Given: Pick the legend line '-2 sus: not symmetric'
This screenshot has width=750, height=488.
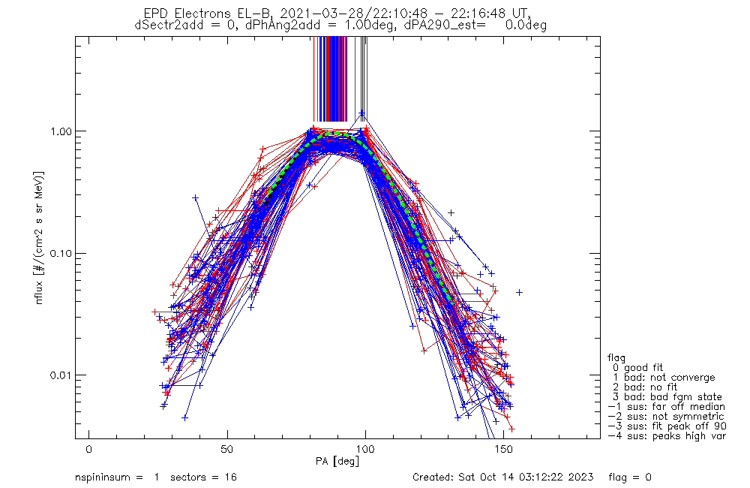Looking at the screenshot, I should tap(666, 416).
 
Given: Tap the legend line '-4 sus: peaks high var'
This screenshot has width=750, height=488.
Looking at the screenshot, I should tap(666, 435).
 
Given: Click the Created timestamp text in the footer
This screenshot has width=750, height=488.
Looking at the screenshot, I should tap(503, 477).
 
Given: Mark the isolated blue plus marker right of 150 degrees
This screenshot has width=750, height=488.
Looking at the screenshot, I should tap(518, 292).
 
